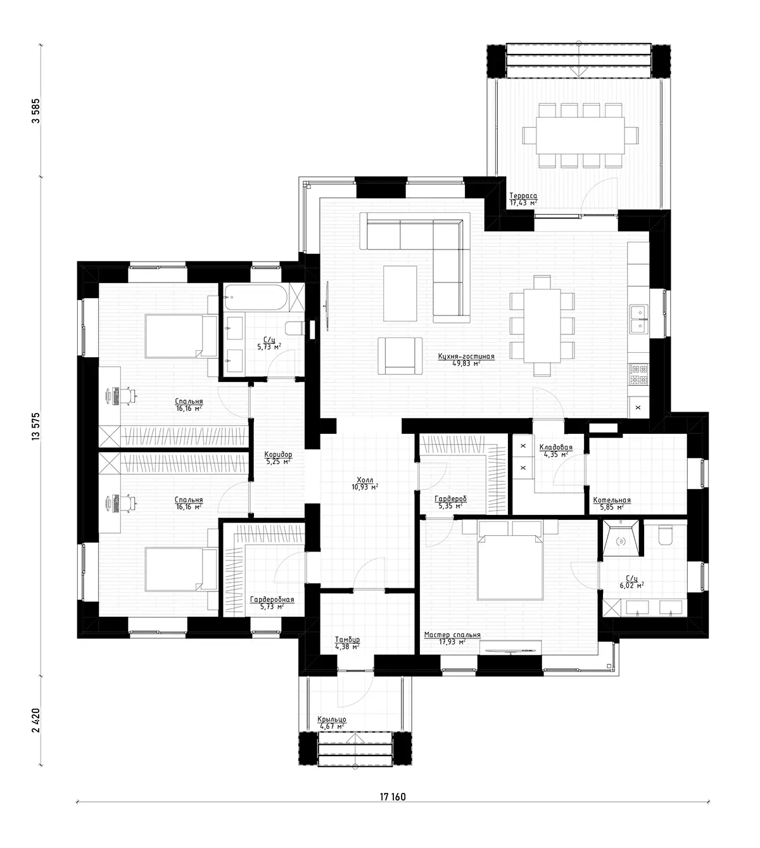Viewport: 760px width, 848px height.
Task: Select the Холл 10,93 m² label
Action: click(365, 483)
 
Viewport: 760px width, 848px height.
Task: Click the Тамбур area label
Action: click(347, 643)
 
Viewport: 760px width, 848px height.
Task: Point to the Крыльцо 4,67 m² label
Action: click(331, 723)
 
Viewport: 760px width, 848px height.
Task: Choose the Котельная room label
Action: click(611, 503)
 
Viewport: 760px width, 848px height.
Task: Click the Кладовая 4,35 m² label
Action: click(555, 450)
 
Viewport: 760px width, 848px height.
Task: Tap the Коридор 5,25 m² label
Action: click(278, 458)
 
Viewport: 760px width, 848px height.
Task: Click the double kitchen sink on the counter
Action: click(638, 319)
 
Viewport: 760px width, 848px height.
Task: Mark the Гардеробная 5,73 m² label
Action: click(272, 602)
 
